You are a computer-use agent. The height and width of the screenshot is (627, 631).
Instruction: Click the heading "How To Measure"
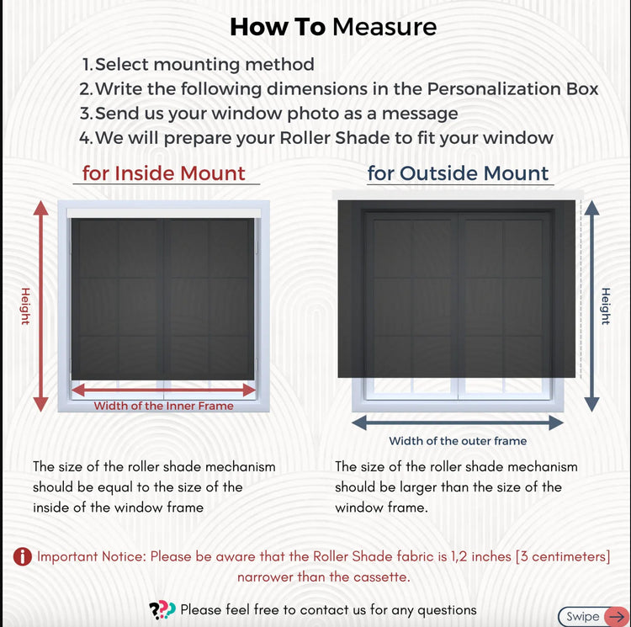[x=333, y=27]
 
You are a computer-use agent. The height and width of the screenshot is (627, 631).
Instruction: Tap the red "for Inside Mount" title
[x=164, y=173]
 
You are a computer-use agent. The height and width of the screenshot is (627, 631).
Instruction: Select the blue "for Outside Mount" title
[x=458, y=173]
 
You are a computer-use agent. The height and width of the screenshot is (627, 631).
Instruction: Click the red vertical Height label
[x=25, y=306]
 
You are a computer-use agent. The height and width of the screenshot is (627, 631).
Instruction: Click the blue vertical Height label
[x=606, y=306]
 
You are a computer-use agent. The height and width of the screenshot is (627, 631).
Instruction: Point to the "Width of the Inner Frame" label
[x=164, y=406]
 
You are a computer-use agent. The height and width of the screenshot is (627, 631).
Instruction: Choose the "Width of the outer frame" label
[x=458, y=441]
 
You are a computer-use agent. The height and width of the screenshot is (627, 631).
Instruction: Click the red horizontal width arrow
[x=164, y=390]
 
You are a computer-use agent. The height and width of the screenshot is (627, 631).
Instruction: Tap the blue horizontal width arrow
[x=458, y=422]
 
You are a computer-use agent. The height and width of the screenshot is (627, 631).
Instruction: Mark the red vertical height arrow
[x=40, y=306]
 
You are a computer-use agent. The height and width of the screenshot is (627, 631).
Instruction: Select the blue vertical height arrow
[x=591, y=306]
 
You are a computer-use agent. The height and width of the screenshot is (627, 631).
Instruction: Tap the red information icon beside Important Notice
[x=23, y=557]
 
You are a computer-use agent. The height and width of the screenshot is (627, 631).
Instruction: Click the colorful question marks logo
[x=162, y=610]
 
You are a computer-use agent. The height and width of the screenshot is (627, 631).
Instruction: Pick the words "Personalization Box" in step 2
[x=512, y=89]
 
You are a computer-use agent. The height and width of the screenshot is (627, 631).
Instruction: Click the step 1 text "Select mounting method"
[x=204, y=65]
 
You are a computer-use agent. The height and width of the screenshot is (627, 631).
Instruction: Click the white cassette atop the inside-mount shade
[x=164, y=213]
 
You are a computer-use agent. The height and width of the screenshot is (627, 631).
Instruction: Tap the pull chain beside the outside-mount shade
[x=581, y=289]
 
